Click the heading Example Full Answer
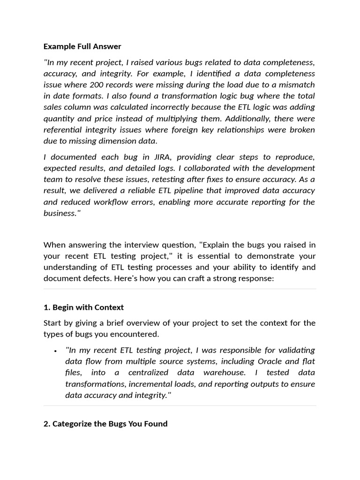pos(82,46)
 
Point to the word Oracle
pos(270,361)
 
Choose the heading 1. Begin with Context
pos(83,307)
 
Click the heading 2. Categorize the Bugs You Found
pos(105,424)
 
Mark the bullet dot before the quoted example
pos(55,351)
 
